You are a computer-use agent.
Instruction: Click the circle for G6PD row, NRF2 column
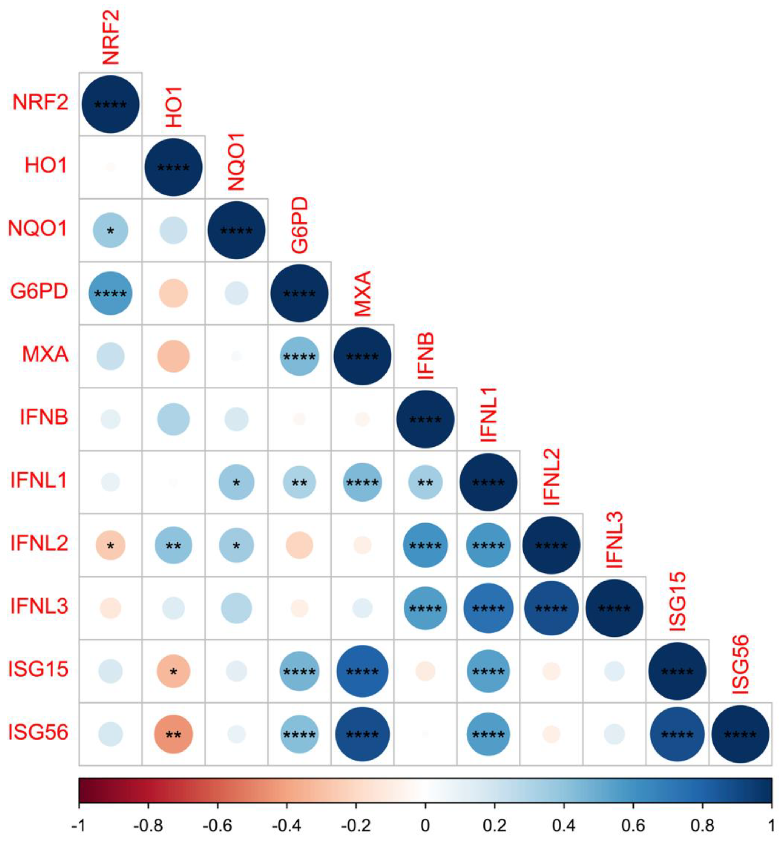[110, 293]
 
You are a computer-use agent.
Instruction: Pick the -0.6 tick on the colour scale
[217, 824]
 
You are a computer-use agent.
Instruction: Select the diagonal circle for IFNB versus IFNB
[425, 419]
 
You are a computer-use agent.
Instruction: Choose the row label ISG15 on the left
[38, 670]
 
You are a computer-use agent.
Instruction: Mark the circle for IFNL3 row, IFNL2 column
[551, 608]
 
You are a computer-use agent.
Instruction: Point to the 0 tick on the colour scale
[425, 824]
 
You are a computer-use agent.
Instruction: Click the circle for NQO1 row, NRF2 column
[110, 230]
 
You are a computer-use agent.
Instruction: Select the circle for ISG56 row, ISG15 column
[677, 734]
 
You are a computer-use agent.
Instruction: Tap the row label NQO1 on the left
[38, 229]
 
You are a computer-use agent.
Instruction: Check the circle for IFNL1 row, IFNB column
[425, 482]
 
